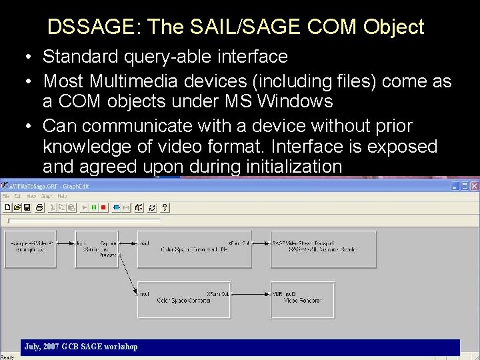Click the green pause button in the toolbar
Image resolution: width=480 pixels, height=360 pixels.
94,207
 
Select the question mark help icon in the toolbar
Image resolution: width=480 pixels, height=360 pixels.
165,207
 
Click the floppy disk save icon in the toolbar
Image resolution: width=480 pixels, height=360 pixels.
27,207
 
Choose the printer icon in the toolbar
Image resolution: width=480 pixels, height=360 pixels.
39,207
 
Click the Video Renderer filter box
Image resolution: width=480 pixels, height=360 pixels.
303,299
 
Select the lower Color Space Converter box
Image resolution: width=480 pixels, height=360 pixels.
185,299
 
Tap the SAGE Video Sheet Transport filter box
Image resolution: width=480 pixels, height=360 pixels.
323,249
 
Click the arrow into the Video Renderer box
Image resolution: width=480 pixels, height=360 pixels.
261,293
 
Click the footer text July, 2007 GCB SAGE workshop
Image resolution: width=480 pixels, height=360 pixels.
81,347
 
